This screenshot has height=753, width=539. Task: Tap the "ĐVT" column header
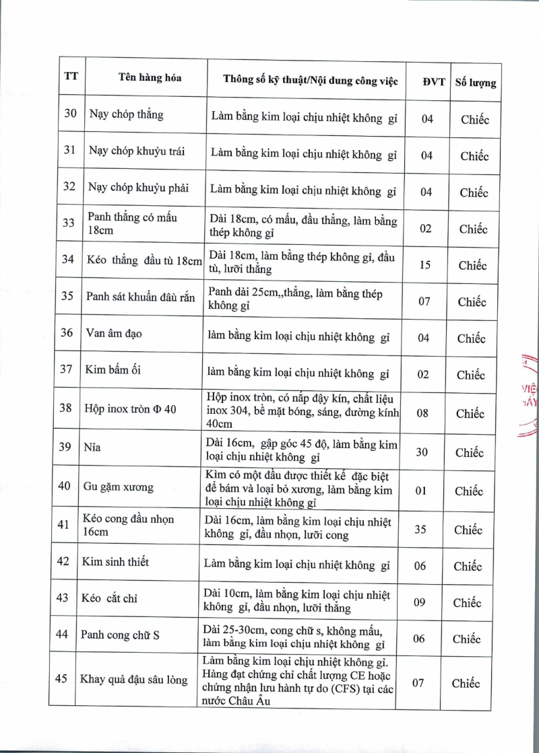click(434, 81)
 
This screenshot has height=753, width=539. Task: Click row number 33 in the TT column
click(69, 223)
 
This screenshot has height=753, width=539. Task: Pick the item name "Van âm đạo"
click(114, 334)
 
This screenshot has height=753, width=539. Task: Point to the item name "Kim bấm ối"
click(113, 370)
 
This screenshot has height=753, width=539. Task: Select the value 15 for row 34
click(425, 265)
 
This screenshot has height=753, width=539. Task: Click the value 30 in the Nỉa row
click(422, 452)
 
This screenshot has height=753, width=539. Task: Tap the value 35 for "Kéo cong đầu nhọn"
click(420, 530)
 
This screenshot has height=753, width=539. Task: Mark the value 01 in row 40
click(421, 491)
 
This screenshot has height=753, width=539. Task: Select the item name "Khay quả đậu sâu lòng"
click(133, 680)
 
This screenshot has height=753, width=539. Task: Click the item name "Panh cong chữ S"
click(119, 635)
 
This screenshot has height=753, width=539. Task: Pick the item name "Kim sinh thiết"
click(115, 562)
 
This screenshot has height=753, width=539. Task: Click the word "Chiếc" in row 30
click(475, 120)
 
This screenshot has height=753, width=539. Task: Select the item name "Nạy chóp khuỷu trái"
click(137, 150)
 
